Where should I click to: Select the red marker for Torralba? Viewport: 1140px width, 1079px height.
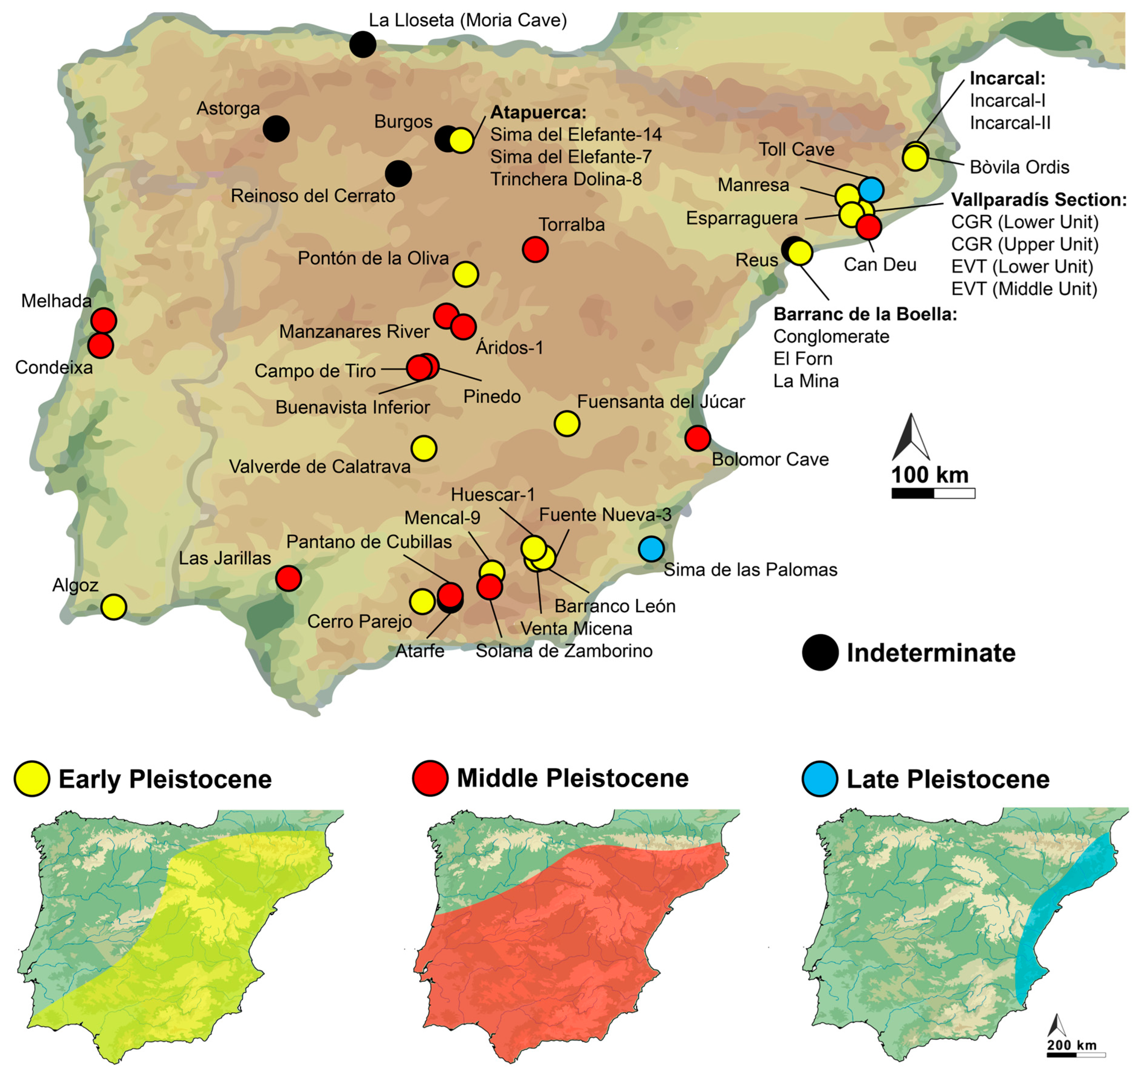[535, 249]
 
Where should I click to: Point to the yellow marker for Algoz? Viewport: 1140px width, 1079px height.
[114, 607]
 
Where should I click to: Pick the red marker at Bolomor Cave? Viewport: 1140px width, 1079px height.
[698, 438]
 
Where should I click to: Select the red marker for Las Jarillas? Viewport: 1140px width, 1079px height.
[289, 578]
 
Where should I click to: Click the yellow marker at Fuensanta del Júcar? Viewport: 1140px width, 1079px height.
[567, 424]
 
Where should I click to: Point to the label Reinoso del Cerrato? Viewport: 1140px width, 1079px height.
[313, 196]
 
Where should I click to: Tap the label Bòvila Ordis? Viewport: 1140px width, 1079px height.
[1019, 167]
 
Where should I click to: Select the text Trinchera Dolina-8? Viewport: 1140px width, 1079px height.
[566, 180]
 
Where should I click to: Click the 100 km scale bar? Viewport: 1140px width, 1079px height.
[933, 493]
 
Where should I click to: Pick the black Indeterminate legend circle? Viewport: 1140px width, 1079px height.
[820, 653]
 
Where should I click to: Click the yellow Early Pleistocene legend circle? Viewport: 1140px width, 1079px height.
[32, 779]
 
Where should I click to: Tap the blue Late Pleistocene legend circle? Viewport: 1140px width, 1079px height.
[819, 779]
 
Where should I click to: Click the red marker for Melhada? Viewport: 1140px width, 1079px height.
[104, 320]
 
